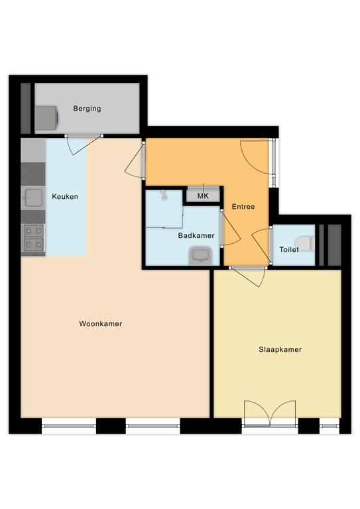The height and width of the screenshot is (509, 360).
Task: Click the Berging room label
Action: point(87,109)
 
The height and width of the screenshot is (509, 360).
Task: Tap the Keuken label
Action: point(65,196)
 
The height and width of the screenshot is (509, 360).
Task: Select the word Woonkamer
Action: point(101,323)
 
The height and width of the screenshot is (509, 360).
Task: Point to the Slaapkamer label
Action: point(280,350)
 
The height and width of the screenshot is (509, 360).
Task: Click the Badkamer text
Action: point(196,236)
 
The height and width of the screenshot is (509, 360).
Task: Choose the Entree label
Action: point(243,207)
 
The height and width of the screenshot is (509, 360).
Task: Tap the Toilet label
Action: point(289,250)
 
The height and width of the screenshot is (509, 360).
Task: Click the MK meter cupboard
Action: point(204,196)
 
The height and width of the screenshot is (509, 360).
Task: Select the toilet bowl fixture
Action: point(305,243)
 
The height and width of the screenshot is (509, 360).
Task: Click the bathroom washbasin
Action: point(200,256)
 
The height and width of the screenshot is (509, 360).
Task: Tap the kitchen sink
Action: point(33,198)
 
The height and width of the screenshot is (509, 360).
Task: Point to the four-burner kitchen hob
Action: point(33,238)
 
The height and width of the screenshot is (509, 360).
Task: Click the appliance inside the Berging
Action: point(47,118)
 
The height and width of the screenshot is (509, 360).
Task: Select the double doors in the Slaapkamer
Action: point(270,413)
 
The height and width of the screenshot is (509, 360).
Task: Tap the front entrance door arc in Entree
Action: point(255,158)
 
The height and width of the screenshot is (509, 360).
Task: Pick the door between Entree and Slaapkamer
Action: point(249,277)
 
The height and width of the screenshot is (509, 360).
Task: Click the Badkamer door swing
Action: point(231,229)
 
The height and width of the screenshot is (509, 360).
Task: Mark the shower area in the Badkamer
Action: point(164,209)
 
